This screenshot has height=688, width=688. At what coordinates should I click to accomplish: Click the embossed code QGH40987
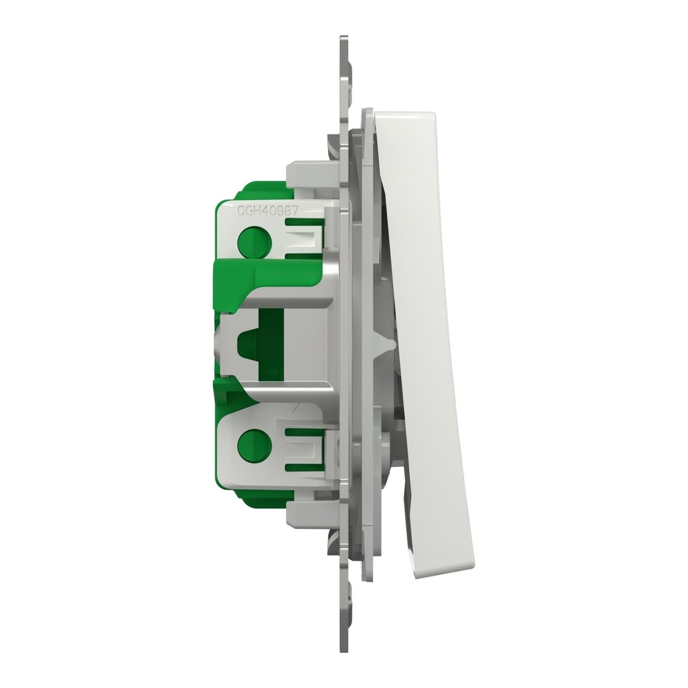tap(267, 211)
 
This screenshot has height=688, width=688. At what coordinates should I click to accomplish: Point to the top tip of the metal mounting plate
tap(345, 37)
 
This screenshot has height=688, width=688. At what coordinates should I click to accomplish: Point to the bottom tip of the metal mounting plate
tap(345, 652)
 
